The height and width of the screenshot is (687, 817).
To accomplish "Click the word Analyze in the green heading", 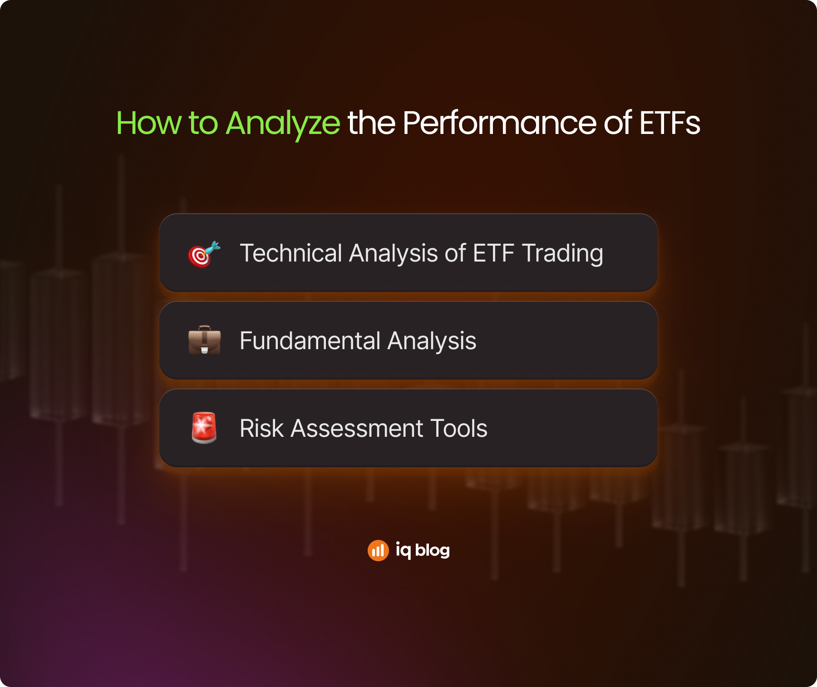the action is coord(282,124).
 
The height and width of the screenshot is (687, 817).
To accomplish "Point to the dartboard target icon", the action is coord(204,254).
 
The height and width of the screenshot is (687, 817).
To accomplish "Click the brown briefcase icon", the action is coord(204,340).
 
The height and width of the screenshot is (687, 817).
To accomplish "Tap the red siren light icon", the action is coord(204,428).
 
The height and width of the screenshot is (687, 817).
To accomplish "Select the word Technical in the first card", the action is coord(291,253).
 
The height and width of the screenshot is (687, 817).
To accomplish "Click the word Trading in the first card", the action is coord(562,254).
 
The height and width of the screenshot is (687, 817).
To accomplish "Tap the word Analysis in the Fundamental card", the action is coord(432,341).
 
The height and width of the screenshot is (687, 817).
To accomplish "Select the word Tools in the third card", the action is coord(459,428).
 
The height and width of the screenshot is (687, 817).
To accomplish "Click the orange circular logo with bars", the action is coord(378,550).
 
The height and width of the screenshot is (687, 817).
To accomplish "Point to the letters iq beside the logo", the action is coord(403,551).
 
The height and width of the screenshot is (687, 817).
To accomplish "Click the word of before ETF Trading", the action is coord(455,253).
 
